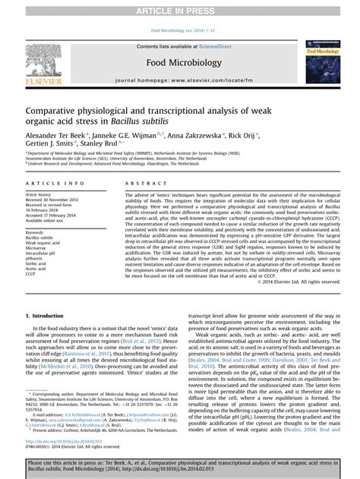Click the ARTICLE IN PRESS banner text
180,8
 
